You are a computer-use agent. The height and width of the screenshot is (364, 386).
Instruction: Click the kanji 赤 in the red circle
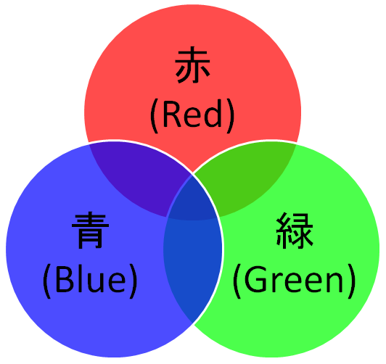(193, 65)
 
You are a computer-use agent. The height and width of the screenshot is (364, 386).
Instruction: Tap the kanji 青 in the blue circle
(90, 230)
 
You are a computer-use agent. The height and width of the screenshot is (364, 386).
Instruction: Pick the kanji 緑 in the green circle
(295, 230)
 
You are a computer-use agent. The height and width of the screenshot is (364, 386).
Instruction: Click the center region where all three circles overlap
(192, 200)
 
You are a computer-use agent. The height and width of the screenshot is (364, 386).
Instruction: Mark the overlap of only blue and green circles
(192, 265)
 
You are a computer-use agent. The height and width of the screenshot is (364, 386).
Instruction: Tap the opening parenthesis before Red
(154, 116)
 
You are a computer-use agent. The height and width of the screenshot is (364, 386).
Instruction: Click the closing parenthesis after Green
(351, 281)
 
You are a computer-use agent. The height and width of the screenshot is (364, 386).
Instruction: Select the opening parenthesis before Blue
(46, 281)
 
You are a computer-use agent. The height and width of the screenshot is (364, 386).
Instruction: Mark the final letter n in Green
(335, 284)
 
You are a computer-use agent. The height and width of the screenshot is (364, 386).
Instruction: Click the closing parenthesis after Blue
(133, 281)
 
